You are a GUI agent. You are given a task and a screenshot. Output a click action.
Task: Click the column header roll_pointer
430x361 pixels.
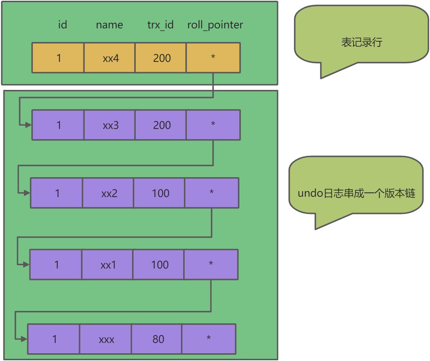(215, 25)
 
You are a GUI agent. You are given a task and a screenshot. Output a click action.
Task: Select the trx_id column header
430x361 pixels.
(160, 25)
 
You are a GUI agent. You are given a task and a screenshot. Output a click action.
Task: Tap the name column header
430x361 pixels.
(109, 25)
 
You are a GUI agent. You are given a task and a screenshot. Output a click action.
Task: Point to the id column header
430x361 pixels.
(63, 25)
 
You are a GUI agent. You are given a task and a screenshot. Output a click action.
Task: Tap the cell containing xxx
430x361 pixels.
(106, 339)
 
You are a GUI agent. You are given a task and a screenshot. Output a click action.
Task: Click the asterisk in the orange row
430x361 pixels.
(213, 58)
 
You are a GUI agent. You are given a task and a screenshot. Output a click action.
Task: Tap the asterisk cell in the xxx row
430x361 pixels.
(209, 339)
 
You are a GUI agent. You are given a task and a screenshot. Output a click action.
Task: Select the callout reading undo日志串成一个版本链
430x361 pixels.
(356, 193)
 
